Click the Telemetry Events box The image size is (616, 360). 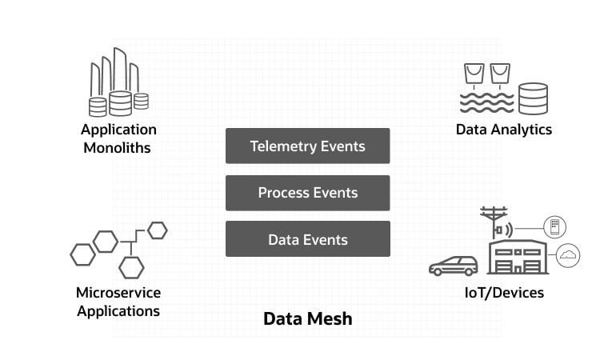(307, 146)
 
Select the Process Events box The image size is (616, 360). (307, 193)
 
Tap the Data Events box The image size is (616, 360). (307, 239)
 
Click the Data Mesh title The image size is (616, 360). (307, 319)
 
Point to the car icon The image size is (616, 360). (453, 266)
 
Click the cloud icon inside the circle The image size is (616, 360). (568, 255)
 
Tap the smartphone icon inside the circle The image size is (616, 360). (554, 227)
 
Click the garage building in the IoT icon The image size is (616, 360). (517, 258)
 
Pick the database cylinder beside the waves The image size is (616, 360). (533, 98)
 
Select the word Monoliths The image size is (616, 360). (117, 147)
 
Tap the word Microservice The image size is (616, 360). (118, 292)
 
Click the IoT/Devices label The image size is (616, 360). (504, 292)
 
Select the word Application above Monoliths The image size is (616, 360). (118, 130)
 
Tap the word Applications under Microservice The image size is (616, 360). (118, 310)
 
